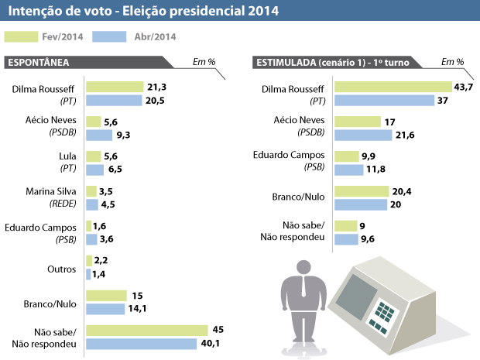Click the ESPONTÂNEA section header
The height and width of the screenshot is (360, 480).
coord(38,62)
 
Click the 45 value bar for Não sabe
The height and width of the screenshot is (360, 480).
coord(148,331)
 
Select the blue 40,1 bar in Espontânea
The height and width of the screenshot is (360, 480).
coord(142,344)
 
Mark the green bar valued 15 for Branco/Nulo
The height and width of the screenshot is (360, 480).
coord(106,296)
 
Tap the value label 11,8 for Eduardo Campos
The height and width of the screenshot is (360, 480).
coord(376,170)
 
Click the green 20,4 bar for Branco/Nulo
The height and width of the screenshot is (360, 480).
coord(362,191)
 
